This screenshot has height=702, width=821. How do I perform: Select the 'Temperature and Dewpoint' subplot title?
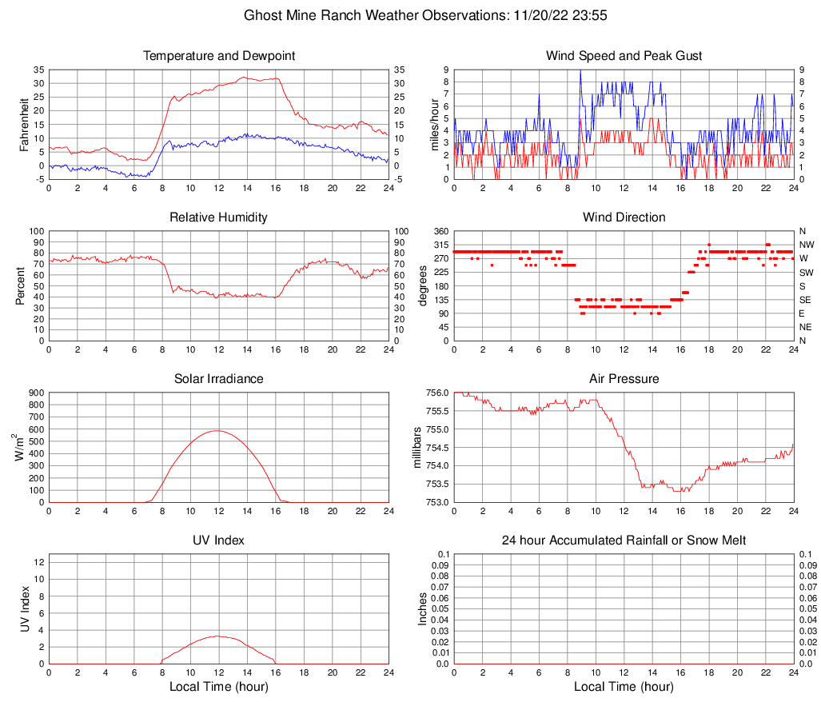tap(218, 56)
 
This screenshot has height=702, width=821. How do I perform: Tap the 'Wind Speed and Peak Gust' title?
tap(624, 56)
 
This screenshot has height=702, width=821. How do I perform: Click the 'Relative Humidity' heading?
tap(218, 217)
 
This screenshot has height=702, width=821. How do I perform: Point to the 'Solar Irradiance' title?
tap(218, 378)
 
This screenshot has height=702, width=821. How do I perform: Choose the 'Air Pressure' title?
tap(624, 378)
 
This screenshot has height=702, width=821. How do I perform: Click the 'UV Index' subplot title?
tap(218, 540)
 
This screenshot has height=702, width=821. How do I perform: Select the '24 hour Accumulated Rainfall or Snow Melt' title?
tap(624, 540)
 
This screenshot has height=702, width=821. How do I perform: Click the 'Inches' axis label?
tap(423, 609)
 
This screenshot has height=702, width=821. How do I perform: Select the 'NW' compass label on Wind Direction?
tap(806, 245)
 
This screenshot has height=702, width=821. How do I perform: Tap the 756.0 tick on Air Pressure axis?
tap(436, 393)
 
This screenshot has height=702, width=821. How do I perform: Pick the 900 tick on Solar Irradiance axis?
tap(35, 393)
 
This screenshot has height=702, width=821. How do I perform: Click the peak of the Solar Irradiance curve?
tap(217, 431)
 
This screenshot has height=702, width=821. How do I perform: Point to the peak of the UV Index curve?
tap(217, 636)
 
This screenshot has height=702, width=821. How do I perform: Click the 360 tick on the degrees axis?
tap(440, 231)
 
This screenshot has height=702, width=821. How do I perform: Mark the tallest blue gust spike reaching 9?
tap(580, 70)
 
